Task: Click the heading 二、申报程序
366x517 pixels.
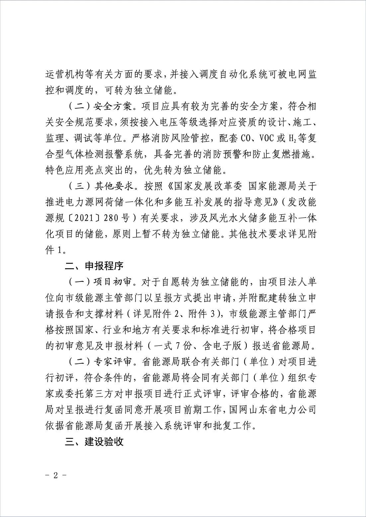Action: point(94,266)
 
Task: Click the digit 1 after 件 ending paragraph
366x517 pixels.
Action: point(59,250)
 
